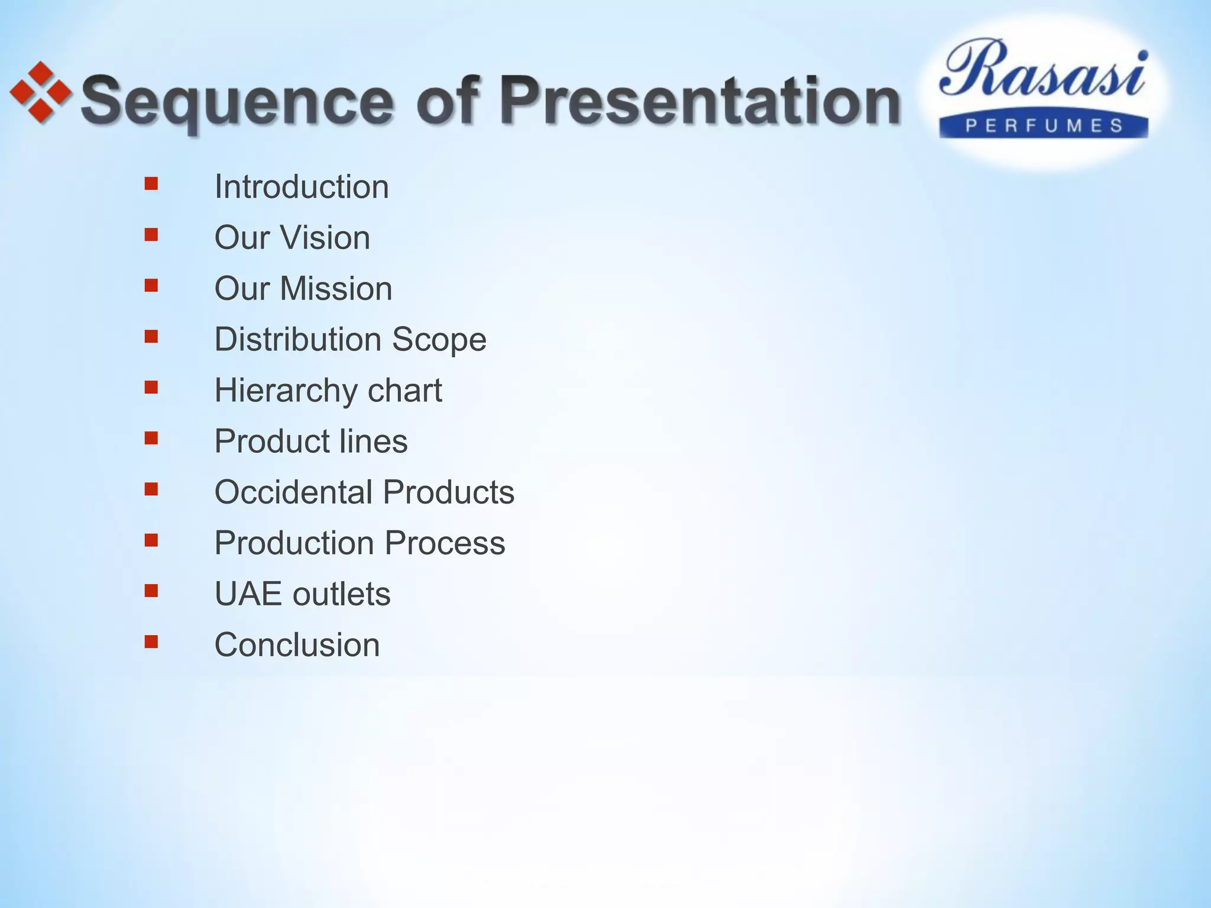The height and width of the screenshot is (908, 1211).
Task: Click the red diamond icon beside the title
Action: click(x=40, y=93)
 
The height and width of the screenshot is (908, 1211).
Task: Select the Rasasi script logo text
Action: click(x=1043, y=70)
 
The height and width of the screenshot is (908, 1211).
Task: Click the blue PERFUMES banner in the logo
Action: click(x=1044, y=126)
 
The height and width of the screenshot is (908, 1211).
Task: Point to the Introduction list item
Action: click(x=301, y=187)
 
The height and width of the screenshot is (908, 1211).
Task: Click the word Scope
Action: click(x=439, y=339)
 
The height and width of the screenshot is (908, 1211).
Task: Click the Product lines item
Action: click(x=310, y=441)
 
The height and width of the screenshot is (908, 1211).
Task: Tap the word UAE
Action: click(x=248, y=594)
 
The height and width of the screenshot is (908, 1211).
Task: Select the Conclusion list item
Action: click(x=297, y=644)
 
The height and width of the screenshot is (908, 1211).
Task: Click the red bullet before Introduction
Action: click(x=151, y=184)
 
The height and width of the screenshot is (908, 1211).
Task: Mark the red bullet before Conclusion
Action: click(x=151, y=641)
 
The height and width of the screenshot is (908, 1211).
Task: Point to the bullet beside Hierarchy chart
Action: click(x=151, y=387)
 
